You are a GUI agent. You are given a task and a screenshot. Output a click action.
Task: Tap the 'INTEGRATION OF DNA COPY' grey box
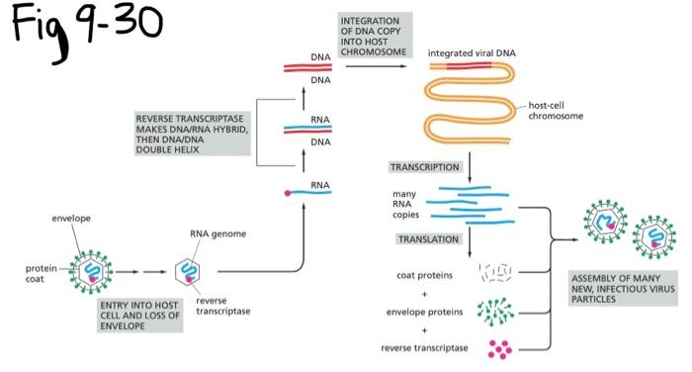pyautogui.click(x=375, y=36)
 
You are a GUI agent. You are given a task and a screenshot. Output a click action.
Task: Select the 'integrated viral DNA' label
pyautogui.click(x=472, y=53)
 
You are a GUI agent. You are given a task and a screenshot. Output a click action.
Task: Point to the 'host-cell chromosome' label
pyautogui.click(x=556, y=111)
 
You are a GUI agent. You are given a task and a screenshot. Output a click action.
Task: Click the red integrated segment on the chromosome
pyautogui.click(x=470, y=66)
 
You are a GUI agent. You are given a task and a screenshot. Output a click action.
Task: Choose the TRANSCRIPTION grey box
pyautogui.click(x=424, y=167)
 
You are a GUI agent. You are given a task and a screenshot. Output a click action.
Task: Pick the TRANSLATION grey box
pyautogui.click(x=428, y=239)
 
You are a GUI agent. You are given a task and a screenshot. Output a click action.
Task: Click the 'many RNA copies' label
pyautogui.click(x=405, y=204)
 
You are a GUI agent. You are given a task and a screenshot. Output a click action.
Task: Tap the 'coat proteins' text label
pyautogui.click(x=424, y=275)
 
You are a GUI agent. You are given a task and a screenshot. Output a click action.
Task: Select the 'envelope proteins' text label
pyautogui.click(x=424, y=312)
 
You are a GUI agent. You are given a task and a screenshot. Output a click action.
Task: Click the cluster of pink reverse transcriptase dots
pyautogui.click(x=500, y=349)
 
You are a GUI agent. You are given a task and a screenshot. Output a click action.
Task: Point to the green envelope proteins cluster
pyautogui.click(x=495, y=312)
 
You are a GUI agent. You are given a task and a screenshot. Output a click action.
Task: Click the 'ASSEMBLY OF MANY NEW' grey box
pyautogui.click(x=623, y=289)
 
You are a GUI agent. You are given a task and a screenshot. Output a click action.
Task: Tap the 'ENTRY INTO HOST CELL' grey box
pyautogui.click(x=140, y=316)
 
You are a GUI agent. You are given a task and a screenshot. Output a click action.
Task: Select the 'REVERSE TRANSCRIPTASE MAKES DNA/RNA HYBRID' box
pyautogui.click(x=192, y=134)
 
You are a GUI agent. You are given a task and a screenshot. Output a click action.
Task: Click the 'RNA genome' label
pyautogui.click(x=218, y=233)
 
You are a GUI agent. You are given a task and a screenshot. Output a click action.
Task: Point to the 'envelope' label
pyautogui.click(x=71, y=219)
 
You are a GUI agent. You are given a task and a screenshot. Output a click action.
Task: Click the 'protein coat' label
pyautogui.click(x=42, y=273)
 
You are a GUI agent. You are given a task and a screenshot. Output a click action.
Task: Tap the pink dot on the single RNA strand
pyautogui.click(x=288, y=193)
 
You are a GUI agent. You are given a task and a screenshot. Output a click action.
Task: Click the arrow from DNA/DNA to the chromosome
pyautogui.click(x=376, y=66)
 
